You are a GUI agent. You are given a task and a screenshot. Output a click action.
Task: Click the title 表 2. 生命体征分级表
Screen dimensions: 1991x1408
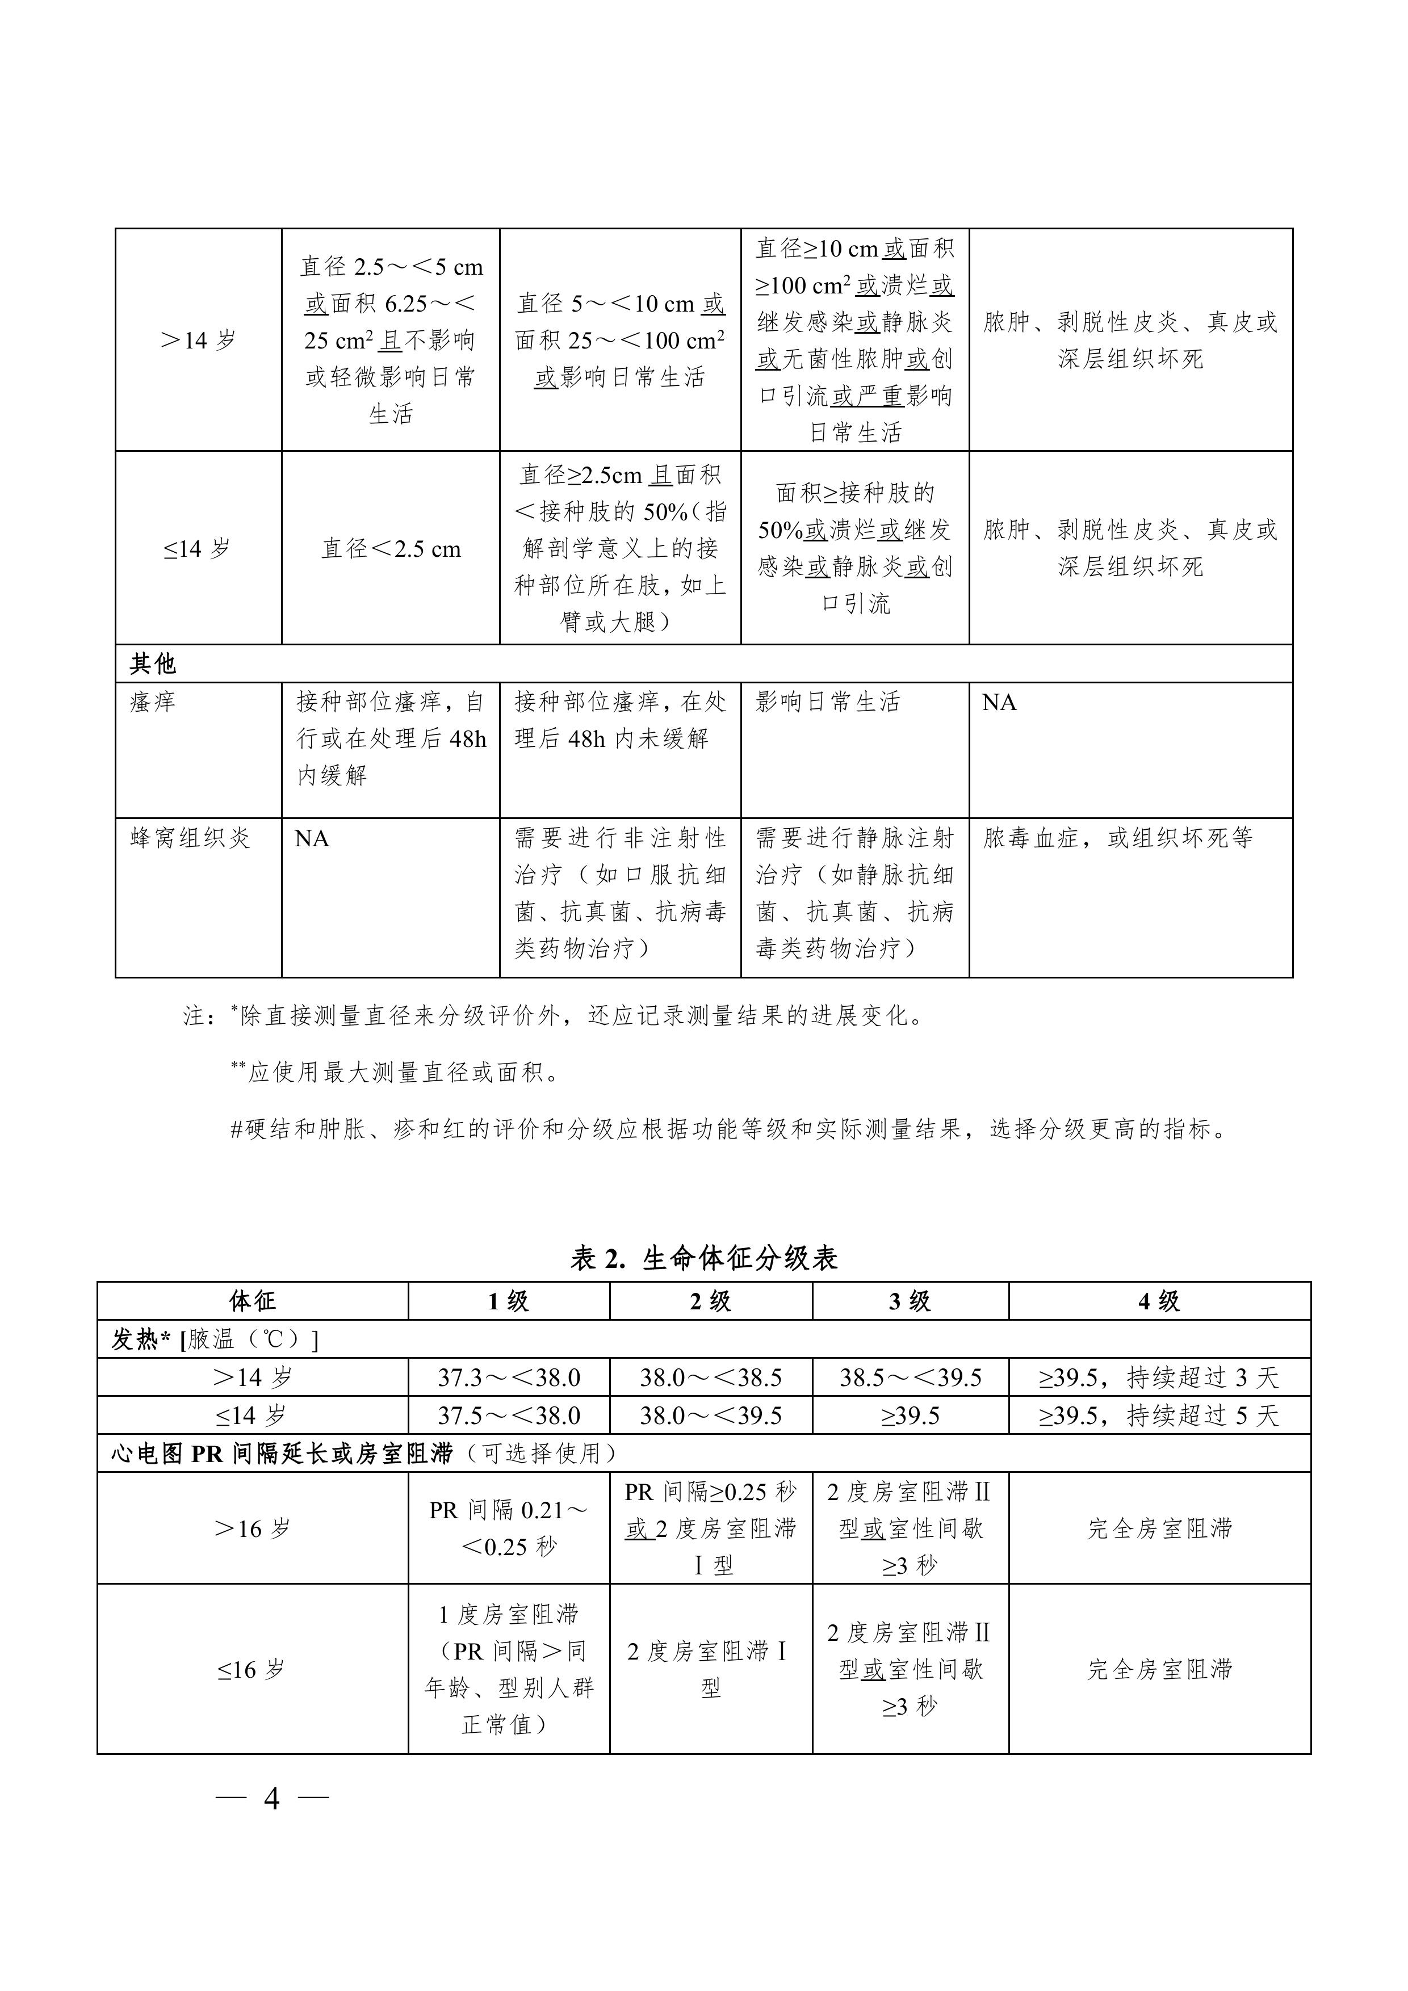tap(703, 1258)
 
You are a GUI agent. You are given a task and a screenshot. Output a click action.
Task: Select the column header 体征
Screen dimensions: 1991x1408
tap(253, 1301)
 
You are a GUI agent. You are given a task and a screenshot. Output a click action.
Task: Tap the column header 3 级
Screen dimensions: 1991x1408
tap(910, 1301)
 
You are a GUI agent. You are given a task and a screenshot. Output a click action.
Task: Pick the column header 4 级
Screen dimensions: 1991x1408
tap(1159, 1301)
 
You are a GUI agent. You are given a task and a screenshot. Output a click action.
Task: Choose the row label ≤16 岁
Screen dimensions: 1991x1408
tap(253, 1669)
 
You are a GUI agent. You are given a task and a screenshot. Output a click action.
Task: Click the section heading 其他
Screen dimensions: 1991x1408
tap(153, 664)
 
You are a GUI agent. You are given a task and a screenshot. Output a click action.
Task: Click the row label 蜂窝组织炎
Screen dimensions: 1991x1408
tap(190, 838)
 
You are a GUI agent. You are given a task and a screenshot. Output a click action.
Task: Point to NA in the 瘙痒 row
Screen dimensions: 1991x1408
tap(999, 703)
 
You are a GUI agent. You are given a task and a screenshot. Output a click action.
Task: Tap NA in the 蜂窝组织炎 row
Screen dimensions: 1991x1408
tap(312, 838)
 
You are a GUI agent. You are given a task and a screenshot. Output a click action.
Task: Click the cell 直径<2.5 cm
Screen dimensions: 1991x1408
tap(391, 549)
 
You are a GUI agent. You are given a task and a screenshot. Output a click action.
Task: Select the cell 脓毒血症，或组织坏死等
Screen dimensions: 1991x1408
tap(1118, 838)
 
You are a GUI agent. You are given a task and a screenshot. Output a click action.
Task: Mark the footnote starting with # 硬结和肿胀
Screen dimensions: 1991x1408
tap(729, 1129)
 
